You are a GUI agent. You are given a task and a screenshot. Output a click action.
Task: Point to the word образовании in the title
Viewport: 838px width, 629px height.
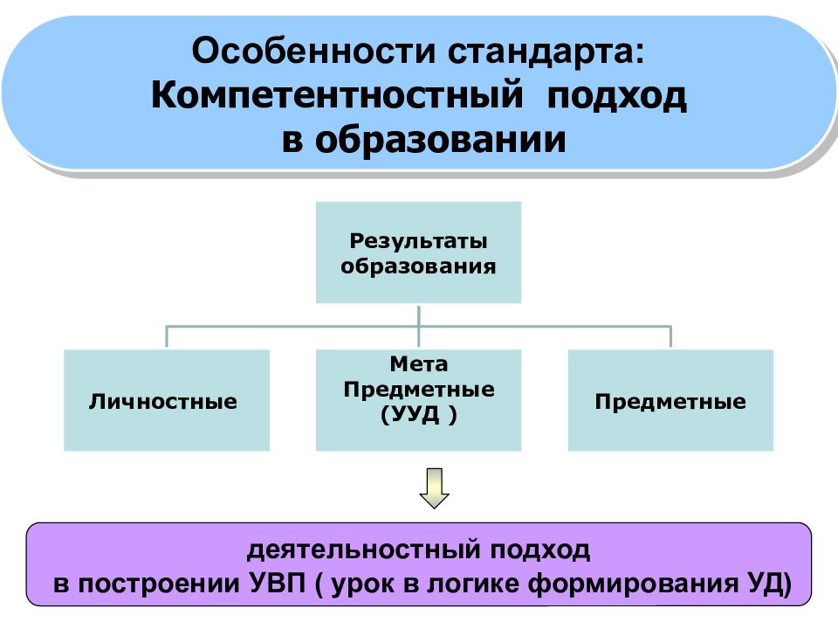[440, 139]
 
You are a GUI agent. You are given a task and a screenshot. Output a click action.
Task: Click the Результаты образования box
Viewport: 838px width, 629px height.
[418, 252]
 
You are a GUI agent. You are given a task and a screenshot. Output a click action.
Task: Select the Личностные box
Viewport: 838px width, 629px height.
[167, 400]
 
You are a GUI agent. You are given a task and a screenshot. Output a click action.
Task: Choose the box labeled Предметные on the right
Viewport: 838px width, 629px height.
[670, 400]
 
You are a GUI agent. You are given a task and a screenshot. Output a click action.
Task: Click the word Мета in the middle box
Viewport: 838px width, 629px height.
[418, 364]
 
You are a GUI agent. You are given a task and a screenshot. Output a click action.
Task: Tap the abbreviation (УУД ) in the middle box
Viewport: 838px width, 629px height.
[418, 414]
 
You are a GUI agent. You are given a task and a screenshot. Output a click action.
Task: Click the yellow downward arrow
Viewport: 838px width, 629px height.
[434, 487]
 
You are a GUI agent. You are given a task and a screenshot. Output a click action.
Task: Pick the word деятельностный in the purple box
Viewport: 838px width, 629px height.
[364, 550]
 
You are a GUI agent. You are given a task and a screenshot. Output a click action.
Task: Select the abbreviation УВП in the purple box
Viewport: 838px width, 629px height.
[278, 583]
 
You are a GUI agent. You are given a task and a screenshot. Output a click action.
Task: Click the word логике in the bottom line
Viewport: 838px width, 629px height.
[471, 584]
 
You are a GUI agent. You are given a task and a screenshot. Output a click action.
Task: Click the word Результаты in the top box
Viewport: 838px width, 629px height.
[418, 241]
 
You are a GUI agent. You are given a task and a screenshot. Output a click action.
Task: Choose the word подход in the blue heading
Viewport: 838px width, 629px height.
[617, 96]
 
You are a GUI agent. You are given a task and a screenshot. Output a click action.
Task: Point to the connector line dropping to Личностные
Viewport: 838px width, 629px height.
[167, 335]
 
